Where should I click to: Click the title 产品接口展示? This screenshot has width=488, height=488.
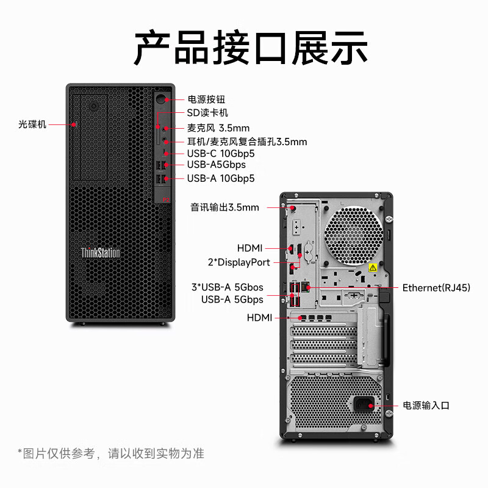(251, 47)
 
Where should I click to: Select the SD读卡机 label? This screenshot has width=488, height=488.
(207, 113)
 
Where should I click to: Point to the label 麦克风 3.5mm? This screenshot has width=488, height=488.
(218, 127)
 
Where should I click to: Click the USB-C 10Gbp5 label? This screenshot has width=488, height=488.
(220, 154)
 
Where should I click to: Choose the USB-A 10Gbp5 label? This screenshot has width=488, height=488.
(220, 178)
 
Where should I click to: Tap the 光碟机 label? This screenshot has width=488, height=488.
(32, 124)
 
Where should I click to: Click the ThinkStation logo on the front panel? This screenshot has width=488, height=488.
(101, 253)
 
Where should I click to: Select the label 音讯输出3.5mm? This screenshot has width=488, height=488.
(225, 207)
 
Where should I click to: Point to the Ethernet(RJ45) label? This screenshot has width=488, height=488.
(436, 287)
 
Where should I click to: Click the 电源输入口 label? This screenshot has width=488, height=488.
(426, 405)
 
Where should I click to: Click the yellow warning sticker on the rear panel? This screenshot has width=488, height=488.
(373, 268)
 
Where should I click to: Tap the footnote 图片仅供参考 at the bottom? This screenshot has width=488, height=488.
(110, 453)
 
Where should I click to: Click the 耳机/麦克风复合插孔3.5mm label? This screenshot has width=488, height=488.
(247, 142)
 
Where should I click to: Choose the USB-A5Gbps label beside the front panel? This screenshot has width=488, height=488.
(217, 165)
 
